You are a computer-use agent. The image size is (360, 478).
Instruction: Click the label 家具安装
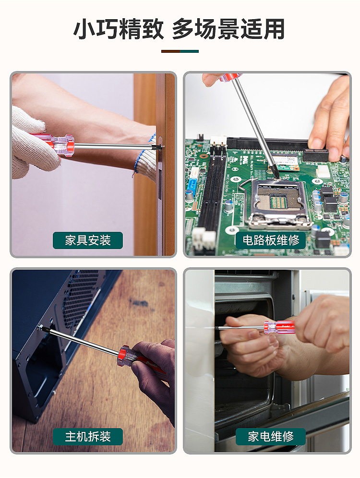(x=88, y=240)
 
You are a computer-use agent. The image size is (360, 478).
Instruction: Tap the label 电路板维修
(x=271, y=240)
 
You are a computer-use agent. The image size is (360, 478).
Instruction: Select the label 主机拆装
(x=88, y=437)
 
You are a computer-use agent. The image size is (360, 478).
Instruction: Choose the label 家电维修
(x=271, y=437)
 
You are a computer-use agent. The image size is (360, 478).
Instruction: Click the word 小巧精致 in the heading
(x=119, y=29)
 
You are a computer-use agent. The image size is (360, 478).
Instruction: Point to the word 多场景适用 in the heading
(x=228, y=29)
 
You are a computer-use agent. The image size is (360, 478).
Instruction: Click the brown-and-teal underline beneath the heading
(x=180, y=51)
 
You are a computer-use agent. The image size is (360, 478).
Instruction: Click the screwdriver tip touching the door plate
(x=159, y=147)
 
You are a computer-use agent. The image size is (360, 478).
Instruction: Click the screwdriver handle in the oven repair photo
(x=280, y=327)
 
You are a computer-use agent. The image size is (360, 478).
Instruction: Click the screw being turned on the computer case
(x=40, y=327)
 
